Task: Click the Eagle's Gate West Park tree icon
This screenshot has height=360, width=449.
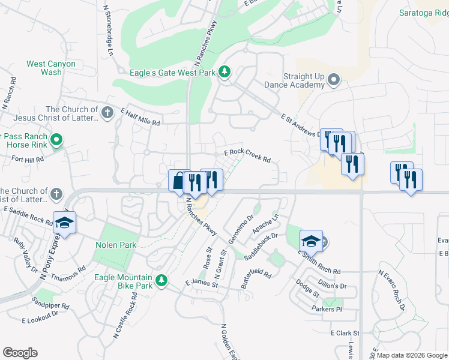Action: (224, 73)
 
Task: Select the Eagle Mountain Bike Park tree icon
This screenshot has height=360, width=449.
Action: (161, 280)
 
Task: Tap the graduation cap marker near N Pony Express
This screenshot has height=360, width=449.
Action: (65, 223)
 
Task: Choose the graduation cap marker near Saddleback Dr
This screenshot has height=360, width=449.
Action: (311, 241)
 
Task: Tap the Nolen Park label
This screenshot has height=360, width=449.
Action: (116, 245)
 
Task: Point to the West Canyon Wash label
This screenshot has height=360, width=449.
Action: (51, 68)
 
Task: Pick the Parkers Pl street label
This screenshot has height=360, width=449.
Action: (326, 309)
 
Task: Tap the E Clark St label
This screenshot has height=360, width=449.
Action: (345, 333)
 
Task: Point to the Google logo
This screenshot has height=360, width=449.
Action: (20, 353)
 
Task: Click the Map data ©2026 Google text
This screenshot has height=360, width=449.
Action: (412, 355)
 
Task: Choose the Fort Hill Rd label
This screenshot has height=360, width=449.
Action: (28, 160)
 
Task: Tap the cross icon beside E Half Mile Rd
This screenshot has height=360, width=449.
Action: (107, 112)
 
